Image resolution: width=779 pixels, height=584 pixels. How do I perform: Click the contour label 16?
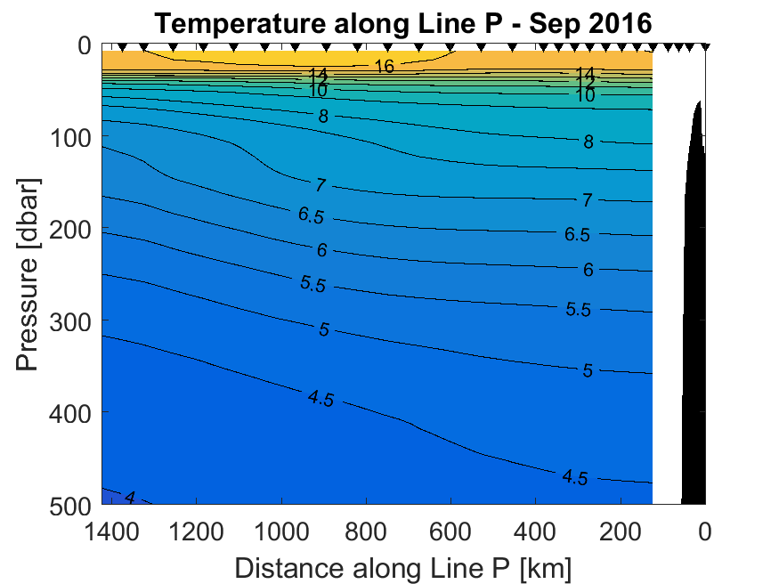(x=384, y=66)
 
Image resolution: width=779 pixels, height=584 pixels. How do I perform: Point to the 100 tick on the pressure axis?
(x=69, y=137)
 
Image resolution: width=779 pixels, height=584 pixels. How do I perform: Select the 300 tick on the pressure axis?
(x=69, y=320)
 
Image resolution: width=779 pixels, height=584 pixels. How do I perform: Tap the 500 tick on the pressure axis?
(x=69, y=504)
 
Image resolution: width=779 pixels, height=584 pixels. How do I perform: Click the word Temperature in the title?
(x=236, y=24)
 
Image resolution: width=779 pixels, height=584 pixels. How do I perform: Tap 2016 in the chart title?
(x=621, y=24)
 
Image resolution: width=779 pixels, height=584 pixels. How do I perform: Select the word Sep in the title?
(x=555, y=24)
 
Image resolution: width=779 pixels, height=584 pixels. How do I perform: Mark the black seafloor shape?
(x=694, y=356)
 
